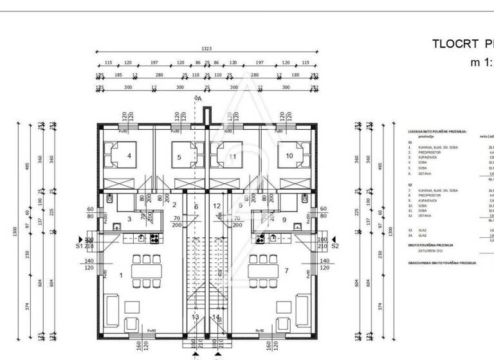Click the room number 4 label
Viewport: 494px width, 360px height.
tap(129, 156)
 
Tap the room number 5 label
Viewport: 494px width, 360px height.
tap(179, 156)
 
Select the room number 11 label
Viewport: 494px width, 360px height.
tap(232, 156)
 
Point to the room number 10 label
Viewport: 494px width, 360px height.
tap(289, 156)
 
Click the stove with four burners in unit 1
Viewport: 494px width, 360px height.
tap(155, 239)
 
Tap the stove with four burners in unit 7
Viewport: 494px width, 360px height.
tap(261, 239)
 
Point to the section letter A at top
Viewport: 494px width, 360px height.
tap(199, 98)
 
